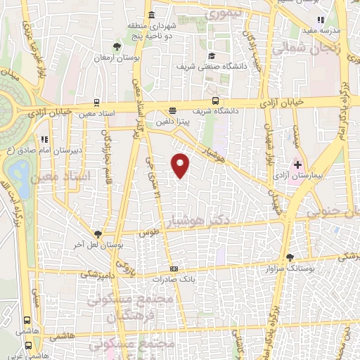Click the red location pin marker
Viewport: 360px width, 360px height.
pos(182,165)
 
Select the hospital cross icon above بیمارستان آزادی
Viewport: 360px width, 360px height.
pos(297,164)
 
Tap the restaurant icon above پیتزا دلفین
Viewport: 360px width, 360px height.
pos(173,110)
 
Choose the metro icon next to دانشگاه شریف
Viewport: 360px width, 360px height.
pos(215,101)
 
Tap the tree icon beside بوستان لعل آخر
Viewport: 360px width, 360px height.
pos(98,235)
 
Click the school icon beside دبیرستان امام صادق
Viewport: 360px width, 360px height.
pos(44,139)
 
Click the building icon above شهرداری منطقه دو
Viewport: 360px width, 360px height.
pos(152,15)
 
